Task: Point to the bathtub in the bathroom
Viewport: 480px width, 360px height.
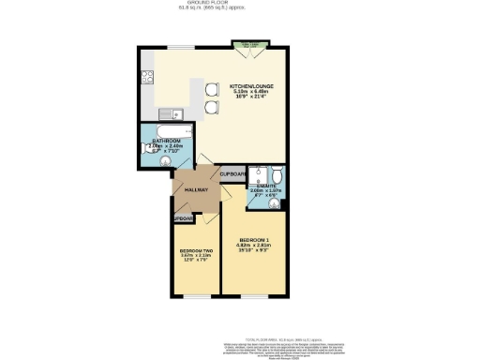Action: [x=167, y=131]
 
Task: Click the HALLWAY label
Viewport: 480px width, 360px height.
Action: [x=195, y=190]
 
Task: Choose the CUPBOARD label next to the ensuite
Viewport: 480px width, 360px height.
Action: [x=232, y=174]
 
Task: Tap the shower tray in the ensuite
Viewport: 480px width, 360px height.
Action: [x=254, y=175]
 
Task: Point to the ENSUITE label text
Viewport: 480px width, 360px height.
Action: [x=265, y=186]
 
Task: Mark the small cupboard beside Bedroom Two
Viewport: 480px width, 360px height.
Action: [x=182, y=218]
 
